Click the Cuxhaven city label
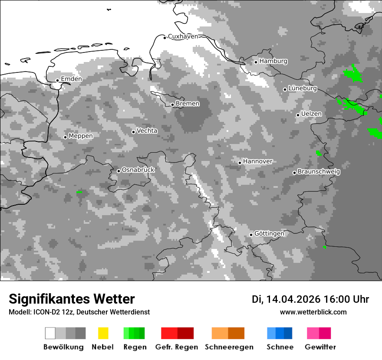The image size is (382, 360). [x=183, y=36]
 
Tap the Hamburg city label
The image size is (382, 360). [x=273, y=61]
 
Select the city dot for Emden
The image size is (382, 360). [x=57, y=80]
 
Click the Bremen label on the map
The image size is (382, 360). [x=188, y=104]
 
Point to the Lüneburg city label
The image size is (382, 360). [x=303, y=88]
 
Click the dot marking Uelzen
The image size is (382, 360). [x=298, y=115]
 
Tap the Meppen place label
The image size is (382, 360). [x=81, y=136]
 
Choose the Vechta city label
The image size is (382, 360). [x=147, y=131]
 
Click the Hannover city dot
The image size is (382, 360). [x=240, y=163]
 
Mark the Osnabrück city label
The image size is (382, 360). [x=138, y=170]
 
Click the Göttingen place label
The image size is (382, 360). [x=269, y=233]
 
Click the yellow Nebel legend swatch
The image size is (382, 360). [x=103, y=333]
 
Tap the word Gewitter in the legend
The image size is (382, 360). [x=320, y=347]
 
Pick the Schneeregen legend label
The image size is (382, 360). [x=229, y=347]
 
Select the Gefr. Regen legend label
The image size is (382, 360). [x=177, y=347]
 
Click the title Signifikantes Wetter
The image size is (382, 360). [x=72, y=299]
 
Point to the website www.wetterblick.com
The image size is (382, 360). [x=313, y=312]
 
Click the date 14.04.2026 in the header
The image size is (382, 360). [x=293, y=299]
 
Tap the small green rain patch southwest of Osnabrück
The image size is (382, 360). [x=79, y=192]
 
